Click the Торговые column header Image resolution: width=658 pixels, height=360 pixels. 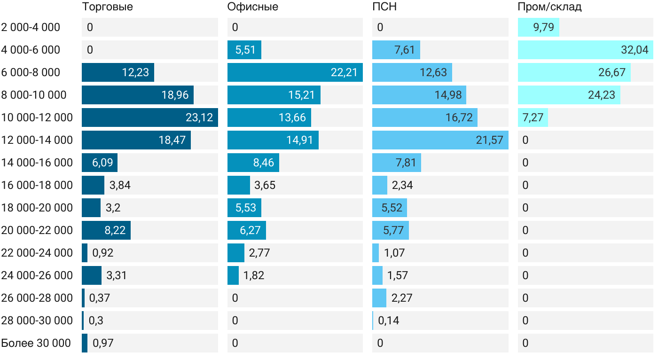pos(107,7)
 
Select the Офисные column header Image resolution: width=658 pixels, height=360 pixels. pos(252,7)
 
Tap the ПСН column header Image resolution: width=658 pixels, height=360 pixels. pos(381,7)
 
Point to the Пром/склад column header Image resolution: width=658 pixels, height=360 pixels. pos(549,7)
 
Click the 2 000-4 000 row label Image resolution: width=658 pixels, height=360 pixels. pos(31,27)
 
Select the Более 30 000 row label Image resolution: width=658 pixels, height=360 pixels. pos(36,343)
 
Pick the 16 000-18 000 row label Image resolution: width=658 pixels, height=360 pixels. pos(37,185)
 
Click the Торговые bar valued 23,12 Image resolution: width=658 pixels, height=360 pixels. pos(149,117)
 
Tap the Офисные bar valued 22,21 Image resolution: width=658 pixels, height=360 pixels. pos(295,72)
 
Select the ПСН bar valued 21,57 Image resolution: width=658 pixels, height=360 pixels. pos(440,140)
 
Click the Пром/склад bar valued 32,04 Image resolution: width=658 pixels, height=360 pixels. pos(585,50)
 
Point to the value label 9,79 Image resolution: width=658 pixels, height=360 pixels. pos(544,27)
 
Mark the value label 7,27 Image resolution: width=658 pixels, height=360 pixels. pos(533,117)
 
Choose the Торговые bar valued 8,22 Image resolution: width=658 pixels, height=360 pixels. pos(106,230)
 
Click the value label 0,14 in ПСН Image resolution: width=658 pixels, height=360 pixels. pos(389,321)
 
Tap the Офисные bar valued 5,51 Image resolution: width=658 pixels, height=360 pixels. pos(244,50)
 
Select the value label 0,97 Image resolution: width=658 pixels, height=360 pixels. pos(103,343)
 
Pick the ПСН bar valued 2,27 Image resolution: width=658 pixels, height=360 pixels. pos(379,298)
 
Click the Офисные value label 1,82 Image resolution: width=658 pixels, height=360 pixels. pos(254,275)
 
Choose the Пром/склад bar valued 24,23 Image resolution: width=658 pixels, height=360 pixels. pos(569,95)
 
